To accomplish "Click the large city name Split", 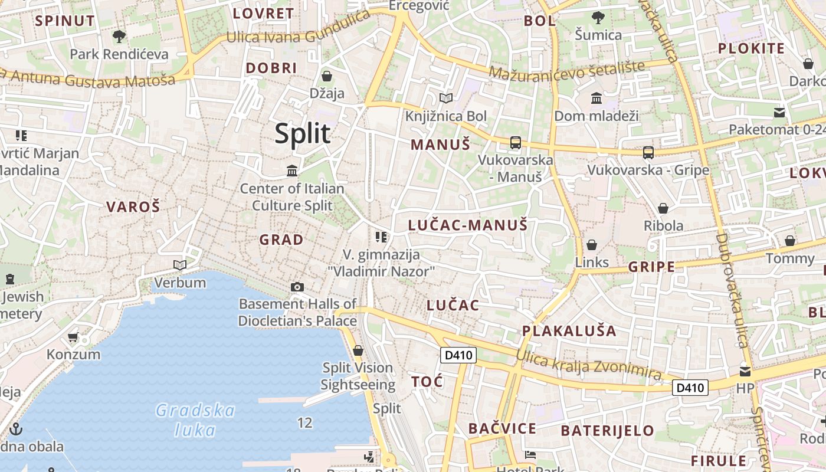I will coord(302,135).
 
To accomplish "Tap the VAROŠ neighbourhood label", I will coord(133,206).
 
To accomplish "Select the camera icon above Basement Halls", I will coord(297,287).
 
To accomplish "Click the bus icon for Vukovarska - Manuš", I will coord(515,142).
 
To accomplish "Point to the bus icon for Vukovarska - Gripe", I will coord(648,153).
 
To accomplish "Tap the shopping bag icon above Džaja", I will coord(326,76).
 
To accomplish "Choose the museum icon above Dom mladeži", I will coord(596,98).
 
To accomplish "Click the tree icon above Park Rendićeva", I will coord(119,37).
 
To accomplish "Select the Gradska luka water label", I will coord(195,419).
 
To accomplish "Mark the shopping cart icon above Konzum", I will coord(73,337).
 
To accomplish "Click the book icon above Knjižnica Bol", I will coord(446,98).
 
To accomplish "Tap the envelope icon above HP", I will coord(745,372).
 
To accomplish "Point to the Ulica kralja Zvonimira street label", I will coord(588,364).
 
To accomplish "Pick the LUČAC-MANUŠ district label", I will coord(468,225).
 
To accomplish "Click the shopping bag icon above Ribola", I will coord(663,208).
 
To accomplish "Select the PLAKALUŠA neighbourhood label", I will coord(569,330).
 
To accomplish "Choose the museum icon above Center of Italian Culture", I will coord(291,171).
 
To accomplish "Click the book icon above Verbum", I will coord(180,265).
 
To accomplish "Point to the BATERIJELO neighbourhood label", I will coord(607,431).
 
